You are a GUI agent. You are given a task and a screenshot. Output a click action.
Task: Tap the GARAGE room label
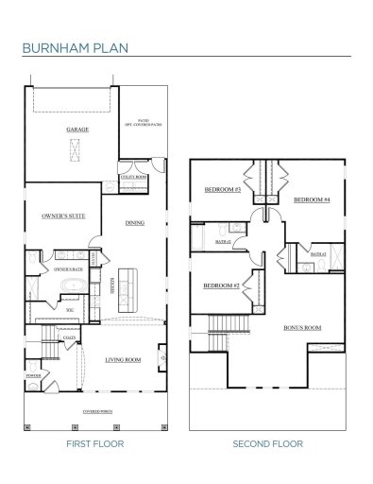coord(76,129)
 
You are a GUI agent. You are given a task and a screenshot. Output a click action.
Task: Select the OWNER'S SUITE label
coord(63,216)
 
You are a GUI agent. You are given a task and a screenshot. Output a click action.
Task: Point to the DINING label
coord(134,223)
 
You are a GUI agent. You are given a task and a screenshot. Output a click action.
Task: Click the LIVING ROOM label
coord(123,359)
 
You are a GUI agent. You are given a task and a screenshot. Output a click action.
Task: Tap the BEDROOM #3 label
coord(223,191)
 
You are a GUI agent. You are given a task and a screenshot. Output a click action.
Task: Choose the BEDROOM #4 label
coord(311,199)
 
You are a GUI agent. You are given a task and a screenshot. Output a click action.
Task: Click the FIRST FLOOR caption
coord(95,442)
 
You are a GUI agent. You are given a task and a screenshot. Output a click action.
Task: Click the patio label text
coord(144,122)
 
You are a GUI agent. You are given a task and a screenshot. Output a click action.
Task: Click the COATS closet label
coord(69,337)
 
